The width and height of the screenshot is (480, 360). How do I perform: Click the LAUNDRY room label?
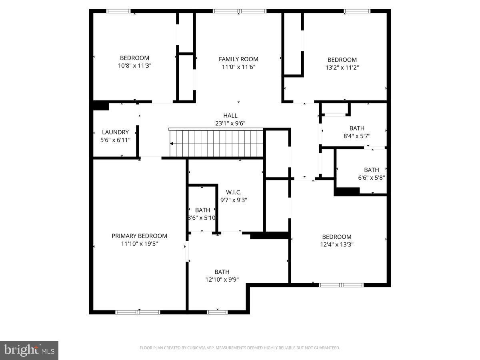[115, 132]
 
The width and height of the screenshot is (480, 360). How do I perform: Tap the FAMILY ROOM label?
[238, 59]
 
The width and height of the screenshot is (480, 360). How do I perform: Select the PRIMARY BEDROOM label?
[139, 236]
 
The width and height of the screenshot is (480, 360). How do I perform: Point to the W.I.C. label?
[234, 192]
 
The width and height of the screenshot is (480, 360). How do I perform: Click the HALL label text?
[230, 116]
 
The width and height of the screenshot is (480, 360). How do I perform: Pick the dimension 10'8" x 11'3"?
[134, 66]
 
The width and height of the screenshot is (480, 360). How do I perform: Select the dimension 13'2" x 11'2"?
[342, 68]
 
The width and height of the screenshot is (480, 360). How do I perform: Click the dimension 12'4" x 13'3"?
[337, 244]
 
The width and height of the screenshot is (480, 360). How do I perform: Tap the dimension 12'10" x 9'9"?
[222, 280]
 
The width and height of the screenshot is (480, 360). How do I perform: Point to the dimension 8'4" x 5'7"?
[357, 136]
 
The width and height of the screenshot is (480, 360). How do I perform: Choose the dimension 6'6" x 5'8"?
[372, 178]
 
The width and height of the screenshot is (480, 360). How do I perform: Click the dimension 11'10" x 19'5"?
[139, 244]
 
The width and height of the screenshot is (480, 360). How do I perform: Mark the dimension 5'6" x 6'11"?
[115, 140]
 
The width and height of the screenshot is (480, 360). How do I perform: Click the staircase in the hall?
[216, 143]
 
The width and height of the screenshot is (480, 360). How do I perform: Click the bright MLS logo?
[29, 350]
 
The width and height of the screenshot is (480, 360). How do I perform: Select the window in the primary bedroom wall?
[138, 312]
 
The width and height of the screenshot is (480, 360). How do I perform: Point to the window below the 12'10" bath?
[217, 312]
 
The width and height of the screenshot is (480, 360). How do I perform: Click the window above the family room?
[240, 11]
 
